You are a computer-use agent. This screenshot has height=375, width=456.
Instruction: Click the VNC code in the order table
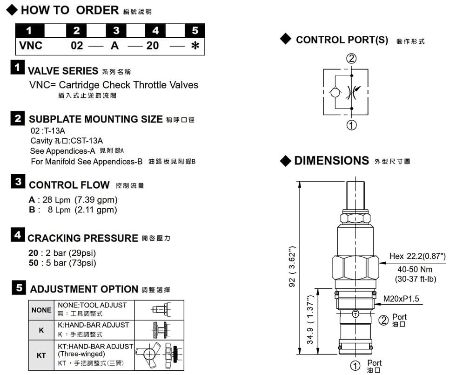point(31,46)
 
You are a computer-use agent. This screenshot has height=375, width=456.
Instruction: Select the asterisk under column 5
point(195,46)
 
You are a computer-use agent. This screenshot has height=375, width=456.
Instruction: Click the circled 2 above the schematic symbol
point(351,59)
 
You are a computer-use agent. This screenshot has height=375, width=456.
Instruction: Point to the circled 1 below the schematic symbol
point(351,125)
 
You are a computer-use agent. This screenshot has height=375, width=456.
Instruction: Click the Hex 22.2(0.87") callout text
point(417,256)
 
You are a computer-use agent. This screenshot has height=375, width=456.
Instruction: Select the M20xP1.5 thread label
point(401,299)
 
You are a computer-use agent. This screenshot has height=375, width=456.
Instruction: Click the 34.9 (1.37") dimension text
point(310,320)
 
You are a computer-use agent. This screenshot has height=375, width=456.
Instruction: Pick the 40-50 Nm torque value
point(415,269)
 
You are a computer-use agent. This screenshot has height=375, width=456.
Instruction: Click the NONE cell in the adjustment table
point(41,310)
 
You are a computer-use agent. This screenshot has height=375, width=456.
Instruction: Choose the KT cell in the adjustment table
point(41,355)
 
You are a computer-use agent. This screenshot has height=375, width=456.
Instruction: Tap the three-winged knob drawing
point(148,354)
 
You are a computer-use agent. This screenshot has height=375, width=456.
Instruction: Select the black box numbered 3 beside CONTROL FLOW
point(18,181)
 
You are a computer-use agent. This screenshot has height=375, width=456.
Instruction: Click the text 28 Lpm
point(56,200)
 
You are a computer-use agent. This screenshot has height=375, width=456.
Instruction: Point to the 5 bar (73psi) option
point(71,263)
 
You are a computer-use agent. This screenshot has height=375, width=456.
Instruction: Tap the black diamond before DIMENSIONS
point(286,161)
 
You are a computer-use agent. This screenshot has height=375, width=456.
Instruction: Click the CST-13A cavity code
point(87,141)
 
